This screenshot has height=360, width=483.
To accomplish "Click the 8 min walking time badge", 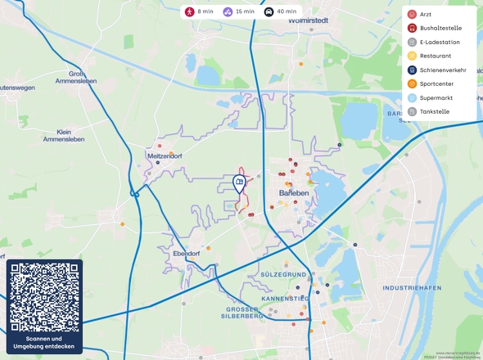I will pos(199,12).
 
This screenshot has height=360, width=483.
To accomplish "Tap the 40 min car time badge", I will pos(280,12).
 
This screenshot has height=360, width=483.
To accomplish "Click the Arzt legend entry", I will pos(425,15).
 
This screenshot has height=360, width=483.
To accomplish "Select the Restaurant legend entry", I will pos(435,56).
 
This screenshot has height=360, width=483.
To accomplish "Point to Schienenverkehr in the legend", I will pos(442,70).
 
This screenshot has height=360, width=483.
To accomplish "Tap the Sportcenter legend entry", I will pos(436,83).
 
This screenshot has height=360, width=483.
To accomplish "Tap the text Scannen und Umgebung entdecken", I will pos(45,343).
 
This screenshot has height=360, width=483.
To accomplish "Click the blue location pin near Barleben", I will pos(240,183).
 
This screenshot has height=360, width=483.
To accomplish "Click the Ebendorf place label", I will pos(187,254).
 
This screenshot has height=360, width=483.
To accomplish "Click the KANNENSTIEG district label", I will pos(284,299).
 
